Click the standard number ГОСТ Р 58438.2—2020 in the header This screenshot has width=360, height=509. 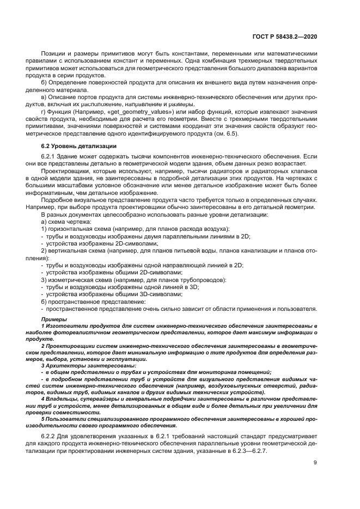coord(285,36)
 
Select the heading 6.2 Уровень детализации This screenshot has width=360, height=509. coord(78,146)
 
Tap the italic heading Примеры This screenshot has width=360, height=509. coord(53,318)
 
